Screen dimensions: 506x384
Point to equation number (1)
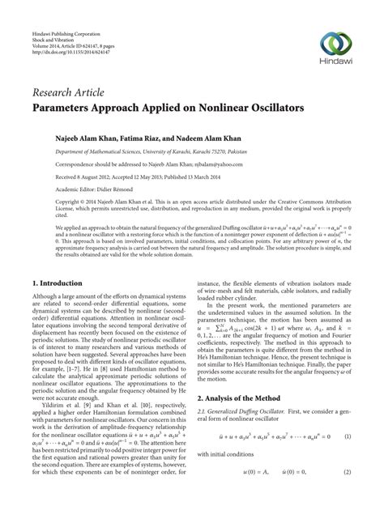pos(346,436)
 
